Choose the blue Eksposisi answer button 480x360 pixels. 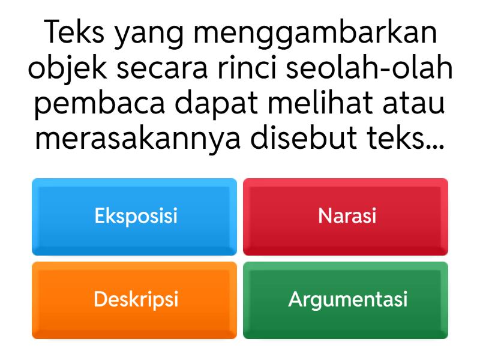pyautogui.click(x=135, y=216)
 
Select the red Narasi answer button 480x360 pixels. pyautogui.click(x=346, y=216)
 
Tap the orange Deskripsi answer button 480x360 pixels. pyautogui.click(x=135, y=299)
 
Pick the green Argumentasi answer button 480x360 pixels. pyautogui.click(x=346, y=299)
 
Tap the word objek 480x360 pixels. pyautogui.click(x=67, y=71)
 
